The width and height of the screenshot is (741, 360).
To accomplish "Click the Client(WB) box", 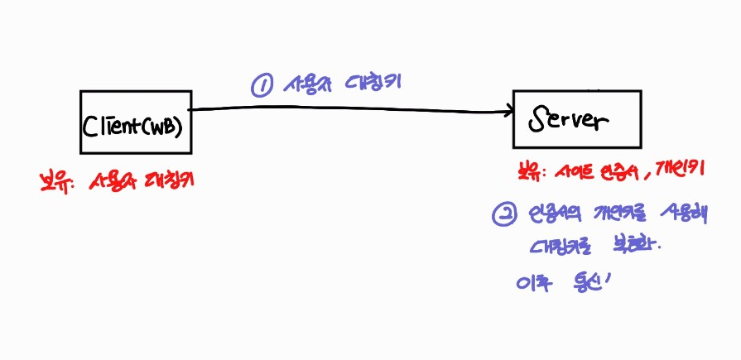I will [136, 122].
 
